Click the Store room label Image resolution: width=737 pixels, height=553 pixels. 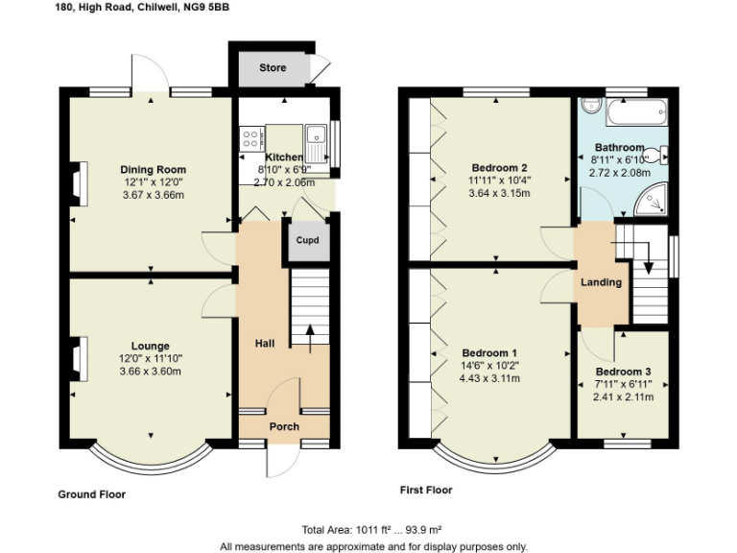pyautogui.click(x=273, y=68)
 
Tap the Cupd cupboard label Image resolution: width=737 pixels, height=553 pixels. pyautogui.click(x=307, y=240)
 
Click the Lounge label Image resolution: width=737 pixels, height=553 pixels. pyautogui.click(x=151, y=346)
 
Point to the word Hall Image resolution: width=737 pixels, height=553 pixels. pyautogui.click(x=265, y=343)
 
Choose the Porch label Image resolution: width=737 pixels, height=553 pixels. pyautogui.click(x=284, y=426)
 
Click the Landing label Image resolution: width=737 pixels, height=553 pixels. pyautogui.click(x=602, y=282)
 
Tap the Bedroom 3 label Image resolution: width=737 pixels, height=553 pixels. pyautogui.click(x=623, y=372)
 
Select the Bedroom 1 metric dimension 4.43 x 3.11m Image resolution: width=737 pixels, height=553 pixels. pyautogui.click(x=490, y=377)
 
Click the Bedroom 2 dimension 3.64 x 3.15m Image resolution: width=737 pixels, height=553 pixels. pyautogui.click(x=499, y=193)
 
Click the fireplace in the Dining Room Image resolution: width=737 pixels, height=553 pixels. pyautogui.click(x=81, y=182)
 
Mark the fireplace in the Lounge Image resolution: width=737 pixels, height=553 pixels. pyautogui.click(x=81, y=356)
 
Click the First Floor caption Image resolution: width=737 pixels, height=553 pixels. pyautogui.click(x=426, y=490)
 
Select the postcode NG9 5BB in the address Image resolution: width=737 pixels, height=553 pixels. pyautogui.click(x=208, y=8)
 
